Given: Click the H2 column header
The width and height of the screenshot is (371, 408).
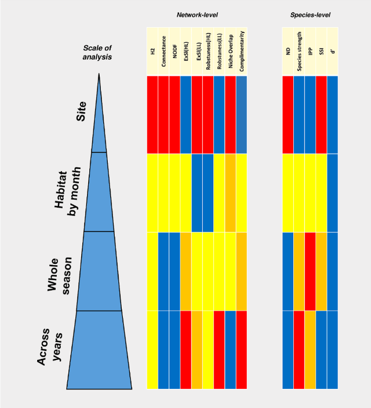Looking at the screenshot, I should click(152, 51).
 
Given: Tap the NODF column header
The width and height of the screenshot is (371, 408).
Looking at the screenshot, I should click(174, 51).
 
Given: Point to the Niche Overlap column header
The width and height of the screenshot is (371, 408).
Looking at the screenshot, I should click(230, 51).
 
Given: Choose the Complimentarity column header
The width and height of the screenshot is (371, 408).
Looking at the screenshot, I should click(242, 51).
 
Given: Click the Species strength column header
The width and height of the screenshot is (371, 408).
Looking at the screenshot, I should click(299, 51).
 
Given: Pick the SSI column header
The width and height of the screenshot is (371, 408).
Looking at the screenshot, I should click(321, 51).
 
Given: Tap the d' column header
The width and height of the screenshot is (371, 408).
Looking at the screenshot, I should click(332, 51).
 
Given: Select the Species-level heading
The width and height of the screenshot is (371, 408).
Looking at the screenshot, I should click(310, 14).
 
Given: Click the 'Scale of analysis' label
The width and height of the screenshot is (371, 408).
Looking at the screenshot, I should click(97, 53).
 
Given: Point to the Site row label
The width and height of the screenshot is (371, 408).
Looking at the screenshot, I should click(82, 112).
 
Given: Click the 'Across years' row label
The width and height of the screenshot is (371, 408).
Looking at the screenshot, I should click(49, 350).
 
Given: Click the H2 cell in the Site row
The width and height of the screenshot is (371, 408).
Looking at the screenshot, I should click(152, 114).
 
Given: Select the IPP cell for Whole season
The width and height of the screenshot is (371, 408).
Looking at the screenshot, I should click(310, 271).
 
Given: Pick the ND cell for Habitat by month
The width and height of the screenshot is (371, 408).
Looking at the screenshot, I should click(288, 192).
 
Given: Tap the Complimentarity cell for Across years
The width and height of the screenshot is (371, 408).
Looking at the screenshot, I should click(242, 350).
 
